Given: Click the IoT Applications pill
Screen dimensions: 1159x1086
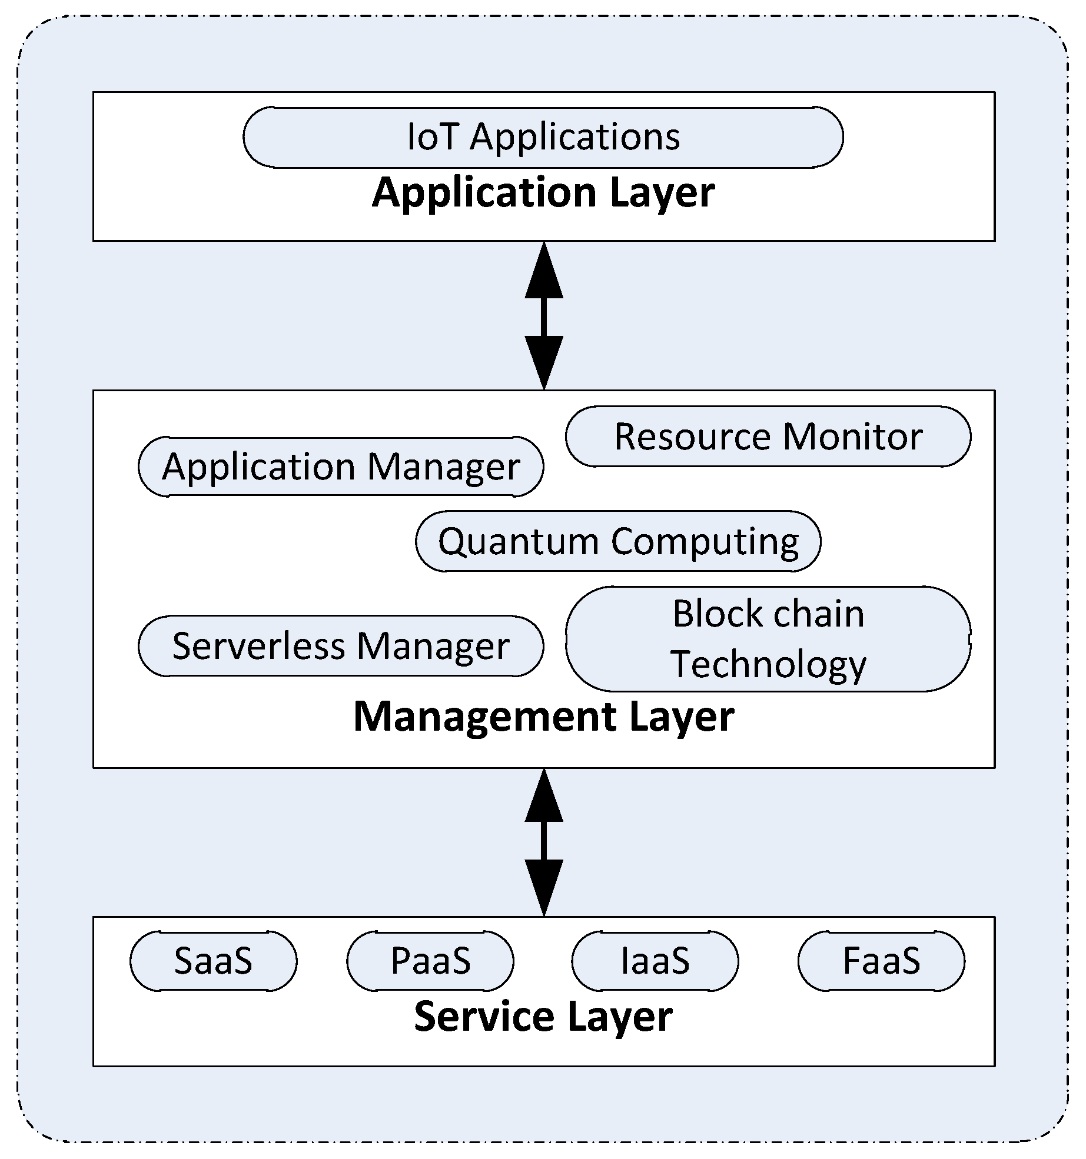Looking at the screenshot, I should [x=543, y=137].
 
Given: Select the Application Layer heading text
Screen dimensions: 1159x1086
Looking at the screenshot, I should [x=543, y=192].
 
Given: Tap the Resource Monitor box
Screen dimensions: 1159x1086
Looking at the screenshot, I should [x=768, y=437].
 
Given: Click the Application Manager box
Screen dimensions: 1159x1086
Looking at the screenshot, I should [x=341, y=467].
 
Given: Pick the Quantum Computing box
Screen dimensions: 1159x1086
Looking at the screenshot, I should [x=618, y=541].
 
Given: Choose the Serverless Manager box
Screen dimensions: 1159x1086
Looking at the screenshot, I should [x=341, y=646].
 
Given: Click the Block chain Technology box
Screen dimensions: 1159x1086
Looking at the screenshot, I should [x=768, y=638].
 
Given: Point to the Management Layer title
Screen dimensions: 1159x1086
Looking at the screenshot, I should [x=543, y=717].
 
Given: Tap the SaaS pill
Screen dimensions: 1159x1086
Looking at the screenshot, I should [x=213, y=961].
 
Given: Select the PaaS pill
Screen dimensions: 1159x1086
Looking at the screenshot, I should [x=430, y=961].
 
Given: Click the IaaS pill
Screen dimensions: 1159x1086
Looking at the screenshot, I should [x=655, y=961].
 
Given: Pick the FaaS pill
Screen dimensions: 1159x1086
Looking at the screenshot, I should [x=881, y=961].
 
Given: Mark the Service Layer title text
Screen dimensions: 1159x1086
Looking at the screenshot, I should [x=543, y=1017].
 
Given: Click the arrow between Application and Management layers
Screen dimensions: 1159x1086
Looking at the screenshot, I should [x=544, y=316].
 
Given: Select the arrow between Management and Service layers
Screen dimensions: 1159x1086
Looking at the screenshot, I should [x=544, y=842].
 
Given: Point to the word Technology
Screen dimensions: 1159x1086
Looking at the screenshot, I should [x=768, y=664].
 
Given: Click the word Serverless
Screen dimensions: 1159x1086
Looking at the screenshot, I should [x=258, y=646].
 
